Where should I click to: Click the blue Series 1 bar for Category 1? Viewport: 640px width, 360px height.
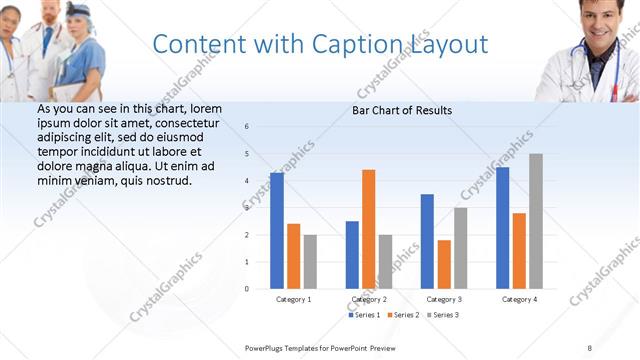[277, 231]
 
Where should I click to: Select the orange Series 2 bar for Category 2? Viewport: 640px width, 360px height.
[369, 229]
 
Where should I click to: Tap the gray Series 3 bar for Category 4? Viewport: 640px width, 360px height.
[536, 221]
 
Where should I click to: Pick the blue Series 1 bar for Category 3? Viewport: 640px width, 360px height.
[427, 241]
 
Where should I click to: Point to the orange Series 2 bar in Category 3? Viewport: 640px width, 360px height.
[444, 264]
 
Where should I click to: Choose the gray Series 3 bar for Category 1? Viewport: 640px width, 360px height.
[310, 261]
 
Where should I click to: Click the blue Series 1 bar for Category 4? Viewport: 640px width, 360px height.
[503, 228]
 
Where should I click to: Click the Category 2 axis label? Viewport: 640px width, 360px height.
[370, 299]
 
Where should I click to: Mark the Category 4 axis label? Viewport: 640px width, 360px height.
[519, 299]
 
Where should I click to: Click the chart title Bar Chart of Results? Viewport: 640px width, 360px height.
[402, 110]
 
